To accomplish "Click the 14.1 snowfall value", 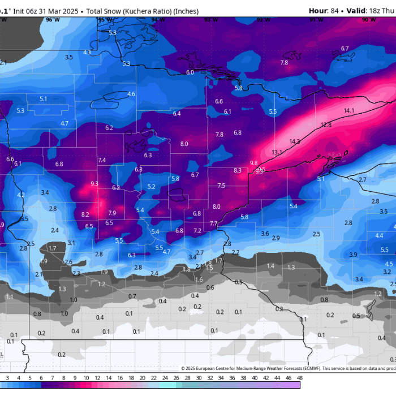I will (349, 110).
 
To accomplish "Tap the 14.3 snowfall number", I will (295, 141).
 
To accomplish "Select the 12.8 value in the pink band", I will (326, 124).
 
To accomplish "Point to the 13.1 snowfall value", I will (277, 153).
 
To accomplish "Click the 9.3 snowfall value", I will (94, 183).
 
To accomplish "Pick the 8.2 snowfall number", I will (85, 214).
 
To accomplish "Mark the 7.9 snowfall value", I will (112, 213).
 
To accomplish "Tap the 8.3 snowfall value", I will (238, 170).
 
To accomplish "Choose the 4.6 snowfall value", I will (131, 93).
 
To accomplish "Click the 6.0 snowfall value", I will (190, 72).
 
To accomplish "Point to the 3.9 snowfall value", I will (353, 255).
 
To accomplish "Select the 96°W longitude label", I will (53, 20).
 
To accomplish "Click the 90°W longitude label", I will (368, 20).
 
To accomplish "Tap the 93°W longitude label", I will (210, 20).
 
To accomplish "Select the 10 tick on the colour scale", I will (86, 377).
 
